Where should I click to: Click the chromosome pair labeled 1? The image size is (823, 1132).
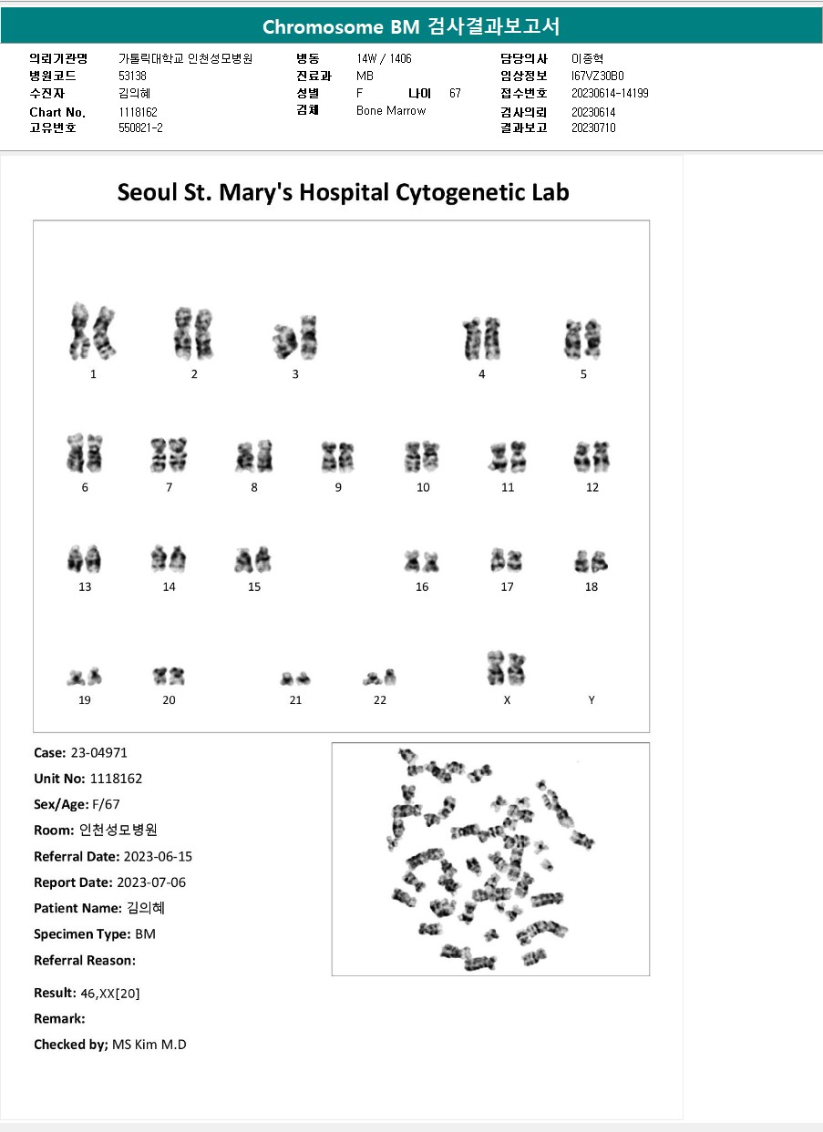pos(93,331)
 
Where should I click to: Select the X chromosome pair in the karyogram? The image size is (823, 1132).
pos(507,669)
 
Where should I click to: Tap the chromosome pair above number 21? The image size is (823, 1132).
pos(294,678)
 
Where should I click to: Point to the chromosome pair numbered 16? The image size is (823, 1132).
pos(421,562)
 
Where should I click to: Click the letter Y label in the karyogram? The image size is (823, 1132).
pos(592,700)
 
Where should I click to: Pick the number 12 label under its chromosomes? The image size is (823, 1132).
pos(592,487)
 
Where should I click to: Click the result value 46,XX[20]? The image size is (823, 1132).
pos(110,993)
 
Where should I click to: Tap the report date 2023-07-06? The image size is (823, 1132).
pos(155,882)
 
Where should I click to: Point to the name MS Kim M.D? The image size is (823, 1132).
pos(149,1045)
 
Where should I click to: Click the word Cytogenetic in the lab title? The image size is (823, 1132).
pos(456,192)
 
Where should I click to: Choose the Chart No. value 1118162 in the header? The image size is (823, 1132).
pos(139,112)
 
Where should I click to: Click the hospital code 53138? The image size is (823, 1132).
pos(132,76)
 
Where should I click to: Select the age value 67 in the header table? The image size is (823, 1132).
pos(455,94)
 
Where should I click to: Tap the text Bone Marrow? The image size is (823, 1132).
pos(391,111)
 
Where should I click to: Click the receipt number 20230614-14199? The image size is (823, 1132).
pos(610,94)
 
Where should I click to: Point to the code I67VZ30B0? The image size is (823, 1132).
pos(597,76)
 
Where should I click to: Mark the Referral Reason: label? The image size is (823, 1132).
pos(85,960)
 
